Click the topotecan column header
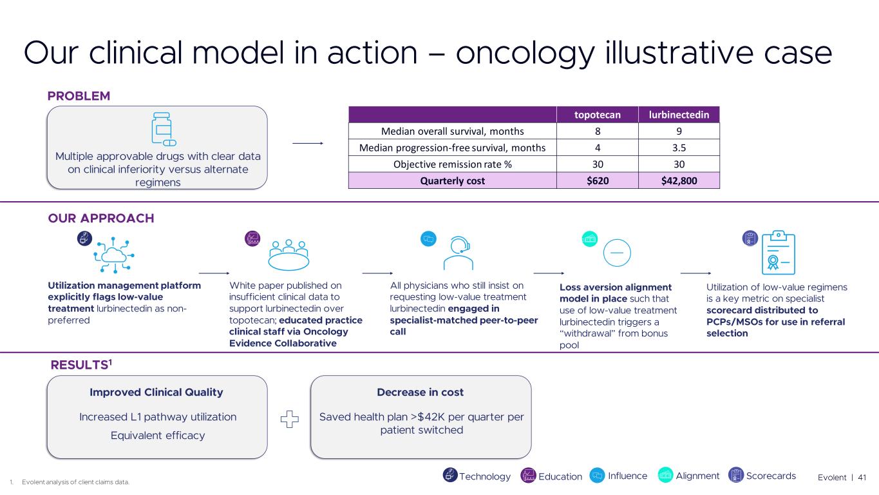pyautogui.click(x=597, y=115)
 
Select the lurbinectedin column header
pyautogui.click(x=679, y=115)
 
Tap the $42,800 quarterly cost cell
pyautogui.click(x=679, y=180)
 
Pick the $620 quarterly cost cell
pyautogui.click(x=597, y=180)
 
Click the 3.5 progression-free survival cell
pyautogui.click(x=679, y=148)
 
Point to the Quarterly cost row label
pyautogui.click(x=453, y=180)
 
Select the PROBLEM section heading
pyautogui.click(x=79, y=96)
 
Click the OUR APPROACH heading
pyautogui.click(x=101, y=218)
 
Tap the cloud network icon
pyautogui.click(x=114, y=255)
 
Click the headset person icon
pyautogui.click(x=458, y=253)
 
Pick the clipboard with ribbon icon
pyautogui.click(x=778, y=253)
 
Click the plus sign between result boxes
pyautogui.click(x=290, y=419)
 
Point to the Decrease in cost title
pyautogui.click(x=421, y=392)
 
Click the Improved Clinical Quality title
pyautogui.click(x=156, y=392)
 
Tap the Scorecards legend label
pyautogui.click(x=771, y=476)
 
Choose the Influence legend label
pyautogui.click(x=627, y=476)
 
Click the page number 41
pyautogui.click(x=862, y=478)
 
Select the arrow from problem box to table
pyautogui.click(x=308, y=143)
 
